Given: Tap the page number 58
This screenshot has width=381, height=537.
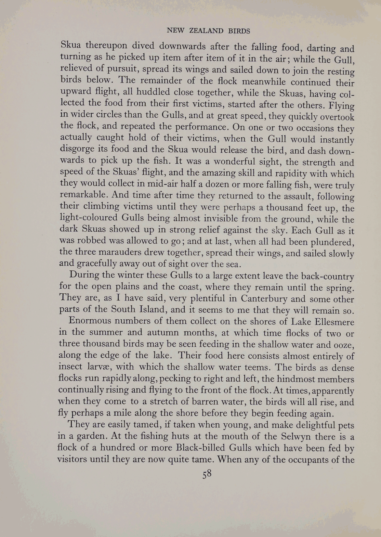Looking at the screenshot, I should click(207, 474).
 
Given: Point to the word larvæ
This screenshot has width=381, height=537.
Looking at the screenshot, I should click(97, 367).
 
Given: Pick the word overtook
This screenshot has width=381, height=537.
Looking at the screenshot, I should click(334, 117).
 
